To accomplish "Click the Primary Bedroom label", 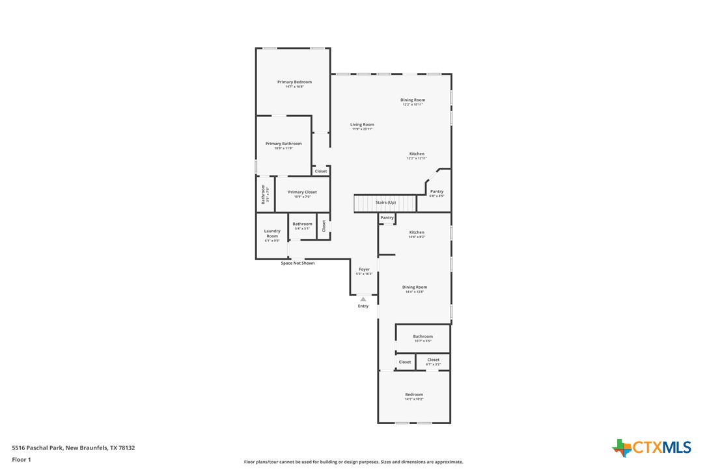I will pos(294,83).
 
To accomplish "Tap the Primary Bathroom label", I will pos(283,144).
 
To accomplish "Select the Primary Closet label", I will pos(302,193).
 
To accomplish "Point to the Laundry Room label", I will pos(272,234).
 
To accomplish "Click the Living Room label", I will pos(362,125).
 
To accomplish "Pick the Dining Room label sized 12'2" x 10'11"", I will pos(413,100).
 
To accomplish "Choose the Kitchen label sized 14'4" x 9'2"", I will pos(417,232).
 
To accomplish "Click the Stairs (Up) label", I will pos(385,202).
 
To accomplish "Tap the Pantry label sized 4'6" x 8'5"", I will pos(437,192).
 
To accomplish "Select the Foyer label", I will pos(364,269).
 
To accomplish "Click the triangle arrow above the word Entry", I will pos(363,299).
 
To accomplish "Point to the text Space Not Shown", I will pos(298,263).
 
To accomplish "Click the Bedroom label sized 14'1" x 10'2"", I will pos(414,395).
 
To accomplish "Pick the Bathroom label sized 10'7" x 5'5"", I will pos(423,337).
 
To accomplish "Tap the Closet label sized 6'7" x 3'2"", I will pos(434,360).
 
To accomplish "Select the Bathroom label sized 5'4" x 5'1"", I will pos(302,224).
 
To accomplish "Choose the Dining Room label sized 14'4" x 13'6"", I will pos(415,288).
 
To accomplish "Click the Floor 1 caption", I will pos(21,460).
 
